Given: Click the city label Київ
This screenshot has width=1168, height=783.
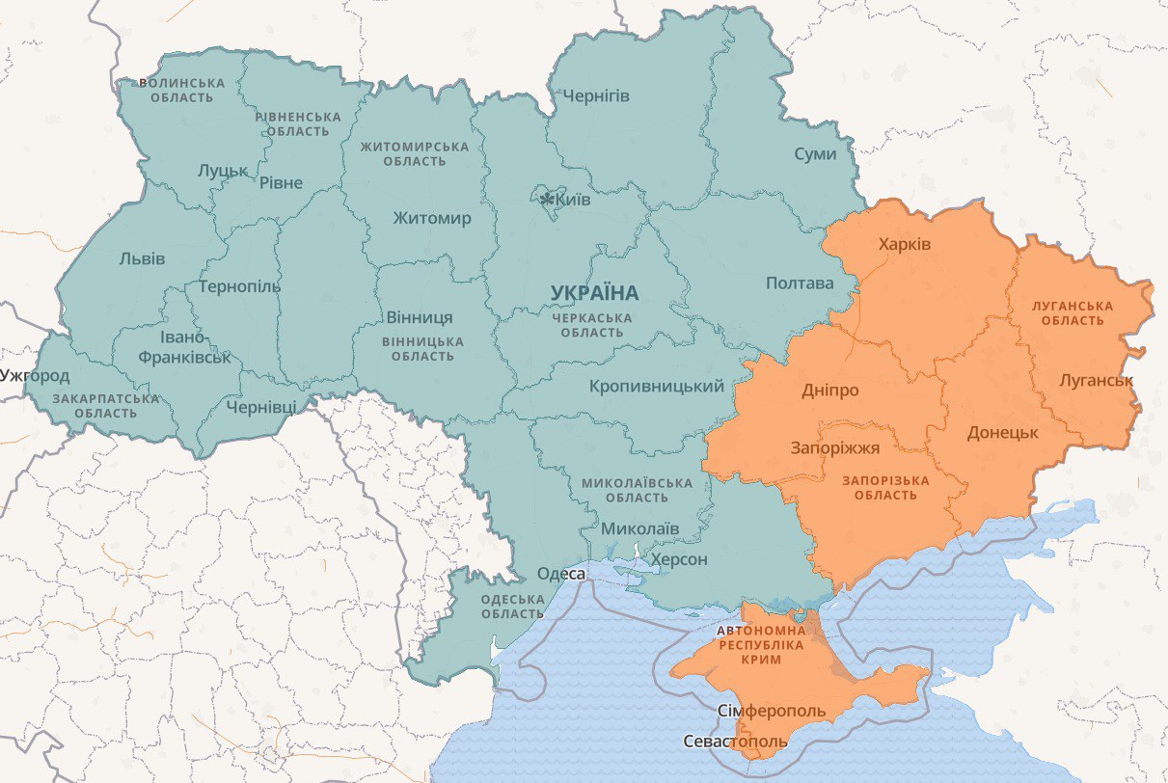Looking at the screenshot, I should click(574, 199).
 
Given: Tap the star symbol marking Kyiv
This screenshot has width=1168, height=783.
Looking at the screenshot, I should click(548, 200).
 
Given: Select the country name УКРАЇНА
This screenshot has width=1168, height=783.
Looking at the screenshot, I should click(595, 292).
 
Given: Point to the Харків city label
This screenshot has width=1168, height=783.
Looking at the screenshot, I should click(905, 244).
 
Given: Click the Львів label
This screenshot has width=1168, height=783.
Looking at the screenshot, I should click(142, 258).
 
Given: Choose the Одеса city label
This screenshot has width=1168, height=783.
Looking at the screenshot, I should click(561, 574).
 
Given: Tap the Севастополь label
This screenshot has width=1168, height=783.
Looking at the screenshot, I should click(735, 742).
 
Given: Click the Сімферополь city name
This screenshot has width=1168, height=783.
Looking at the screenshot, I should click(773, 711).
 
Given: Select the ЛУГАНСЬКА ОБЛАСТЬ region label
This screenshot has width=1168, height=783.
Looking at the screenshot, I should click(1073, 313).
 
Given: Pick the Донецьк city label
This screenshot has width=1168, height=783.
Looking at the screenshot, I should click(1003, 432).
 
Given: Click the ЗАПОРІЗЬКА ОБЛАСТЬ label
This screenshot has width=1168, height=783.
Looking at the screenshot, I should click(885, 488).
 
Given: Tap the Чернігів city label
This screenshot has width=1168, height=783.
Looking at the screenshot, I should click(596, 96).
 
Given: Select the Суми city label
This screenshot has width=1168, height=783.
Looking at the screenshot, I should click(815, 154).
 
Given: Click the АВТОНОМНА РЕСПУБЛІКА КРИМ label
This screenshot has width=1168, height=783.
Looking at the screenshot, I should click(761, 644).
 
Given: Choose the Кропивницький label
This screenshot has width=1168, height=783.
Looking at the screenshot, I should click(656, 386).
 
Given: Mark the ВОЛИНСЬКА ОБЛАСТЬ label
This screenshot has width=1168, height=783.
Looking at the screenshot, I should click(182, 91).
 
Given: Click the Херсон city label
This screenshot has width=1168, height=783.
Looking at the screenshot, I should click(679, 559).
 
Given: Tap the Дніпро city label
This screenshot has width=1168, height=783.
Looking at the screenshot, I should click(829, 391).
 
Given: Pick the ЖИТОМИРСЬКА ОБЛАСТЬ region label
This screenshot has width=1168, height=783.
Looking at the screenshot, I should click(415, 154).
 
